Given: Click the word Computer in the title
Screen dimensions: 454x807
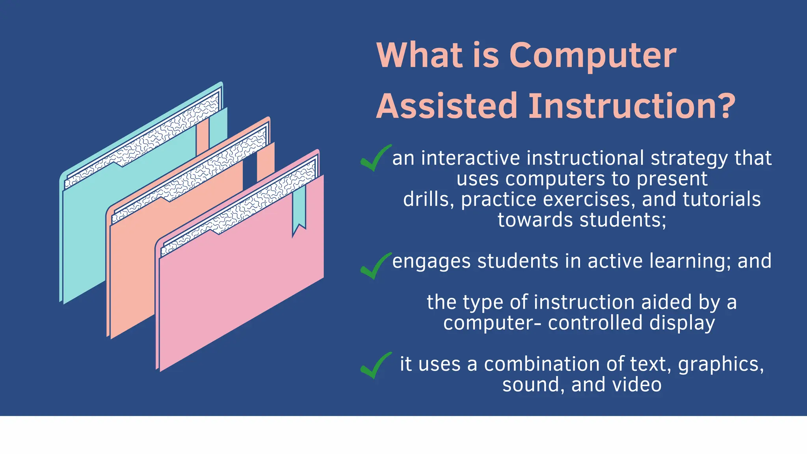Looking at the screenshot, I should click(x=593, y=56).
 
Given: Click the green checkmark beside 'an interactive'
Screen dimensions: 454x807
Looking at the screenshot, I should click(x=375, y=159).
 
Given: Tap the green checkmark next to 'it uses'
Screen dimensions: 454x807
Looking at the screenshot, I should click(x=375, y=366).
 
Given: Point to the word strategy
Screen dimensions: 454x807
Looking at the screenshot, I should click(x=690, y=158).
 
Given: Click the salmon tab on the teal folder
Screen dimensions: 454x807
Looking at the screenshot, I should click(x=202, y=136).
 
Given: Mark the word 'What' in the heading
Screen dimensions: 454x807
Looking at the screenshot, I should click(x=419, y=56).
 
